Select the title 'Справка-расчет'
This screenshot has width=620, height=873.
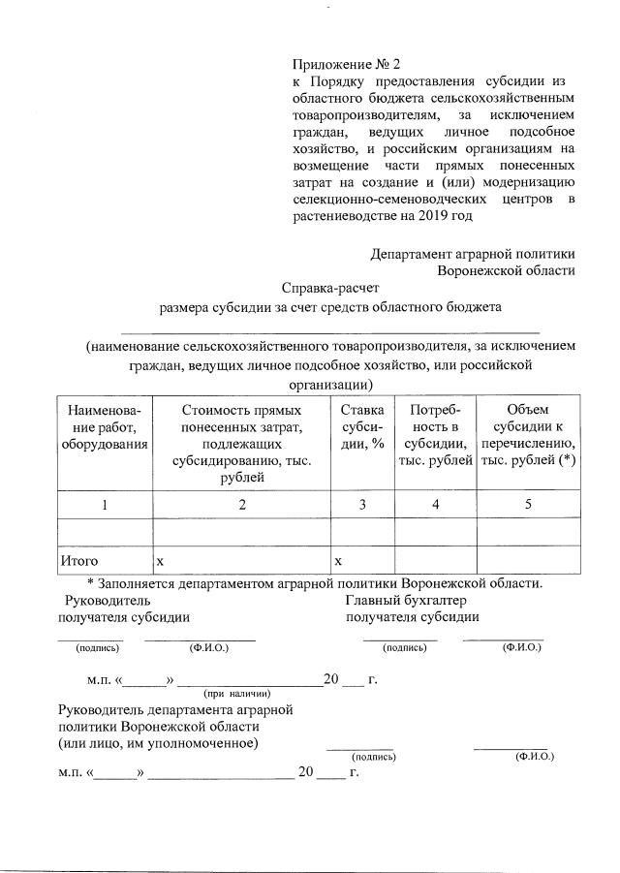331,288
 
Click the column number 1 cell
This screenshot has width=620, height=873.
104,504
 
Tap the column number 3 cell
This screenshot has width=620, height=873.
362,504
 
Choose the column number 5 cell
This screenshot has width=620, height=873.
528,504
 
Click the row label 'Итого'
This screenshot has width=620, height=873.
79,560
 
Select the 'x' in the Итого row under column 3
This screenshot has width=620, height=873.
338,561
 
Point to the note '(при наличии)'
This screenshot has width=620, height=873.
236,694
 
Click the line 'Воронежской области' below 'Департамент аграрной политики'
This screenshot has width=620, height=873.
507,270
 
